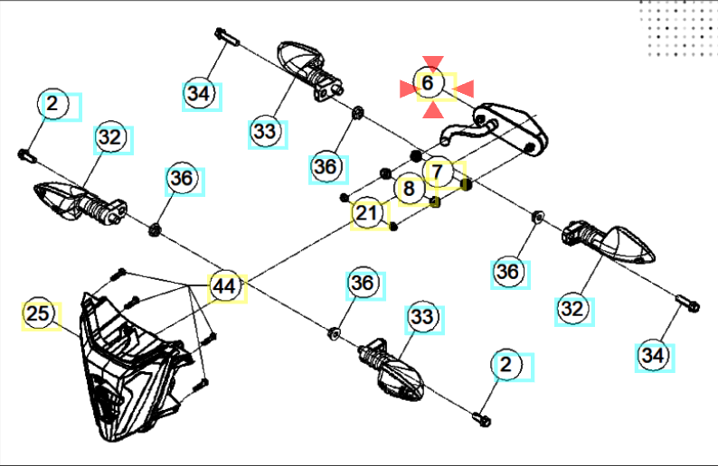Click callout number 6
click(x=429, y=83)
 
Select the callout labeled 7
click(x=437, y=171)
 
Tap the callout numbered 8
click(x=410, y=190)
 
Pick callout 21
click(x=365, y=214)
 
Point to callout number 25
click(x=38, y=315)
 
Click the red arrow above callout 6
click(x=433, y=62)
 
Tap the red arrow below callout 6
click(x=433, y=109)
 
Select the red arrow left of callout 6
click(x=408, y=88)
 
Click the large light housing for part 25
click(x=127, y=370)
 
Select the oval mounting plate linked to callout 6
click(x=512, y=126)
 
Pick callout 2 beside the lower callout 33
click(x=505, y=365)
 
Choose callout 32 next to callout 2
click(x=109, y=138)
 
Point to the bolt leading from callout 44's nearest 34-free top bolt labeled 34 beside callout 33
click(x=224, y=37)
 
